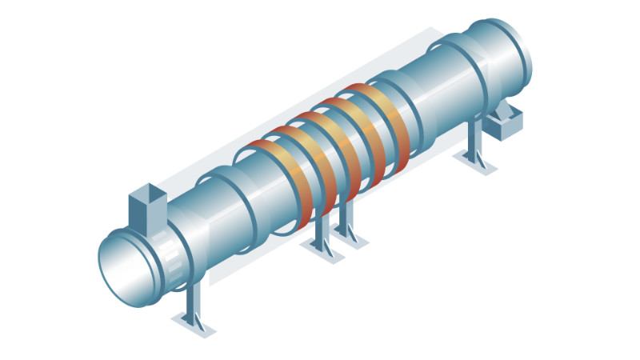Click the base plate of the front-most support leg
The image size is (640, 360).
[x=194, y=324]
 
